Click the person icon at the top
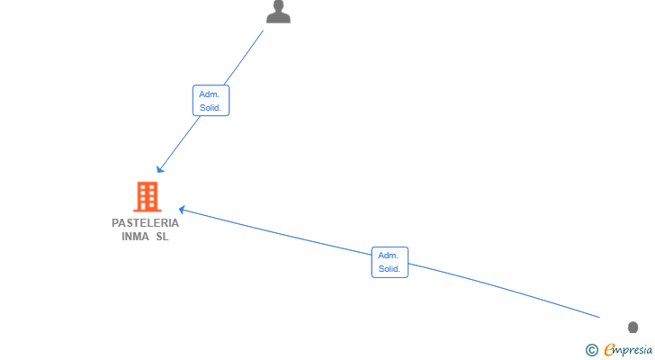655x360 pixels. (x=278, y=12)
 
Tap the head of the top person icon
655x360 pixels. (x=278, y=5)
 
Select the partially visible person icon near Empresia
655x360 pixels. (x=633, y=327)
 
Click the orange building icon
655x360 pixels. (x=148, y=196)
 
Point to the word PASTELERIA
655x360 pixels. (x=146, y=223)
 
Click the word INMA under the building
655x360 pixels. (x=135, y=237)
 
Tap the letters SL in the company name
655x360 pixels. (x=162, y=237)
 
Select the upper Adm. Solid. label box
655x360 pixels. (x=211, y=101)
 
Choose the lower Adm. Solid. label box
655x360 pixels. (x=390, y=262)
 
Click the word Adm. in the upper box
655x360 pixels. (x=210, y=94)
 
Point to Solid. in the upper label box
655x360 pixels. (x=211, y=108)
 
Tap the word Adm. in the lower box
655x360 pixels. (x=388, y=256)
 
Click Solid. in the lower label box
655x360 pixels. (x=390, y=269)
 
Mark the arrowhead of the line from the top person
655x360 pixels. (x=160, y=168)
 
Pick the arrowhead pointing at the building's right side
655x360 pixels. (x=182, y=210)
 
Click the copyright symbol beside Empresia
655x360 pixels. (x=591, y=350)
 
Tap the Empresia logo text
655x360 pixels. (x=628, y=349)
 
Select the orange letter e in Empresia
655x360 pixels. (x=609, y=349)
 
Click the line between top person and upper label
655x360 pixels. (x=244, y=58)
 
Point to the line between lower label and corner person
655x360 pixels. (x=504, y=291)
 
